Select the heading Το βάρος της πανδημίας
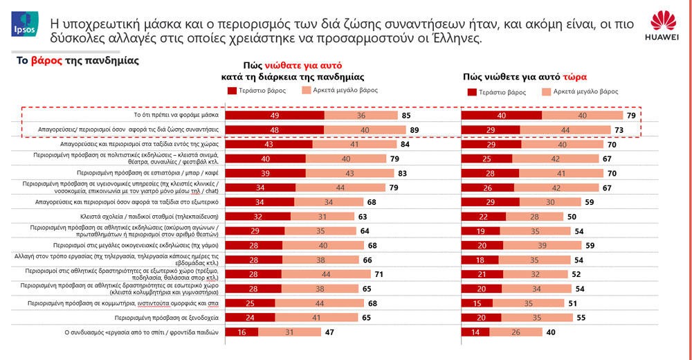pos(78,61)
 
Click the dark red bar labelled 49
pos(275,116)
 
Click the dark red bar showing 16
pos(241,332)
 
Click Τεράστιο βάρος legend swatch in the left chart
pos(231,91)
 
